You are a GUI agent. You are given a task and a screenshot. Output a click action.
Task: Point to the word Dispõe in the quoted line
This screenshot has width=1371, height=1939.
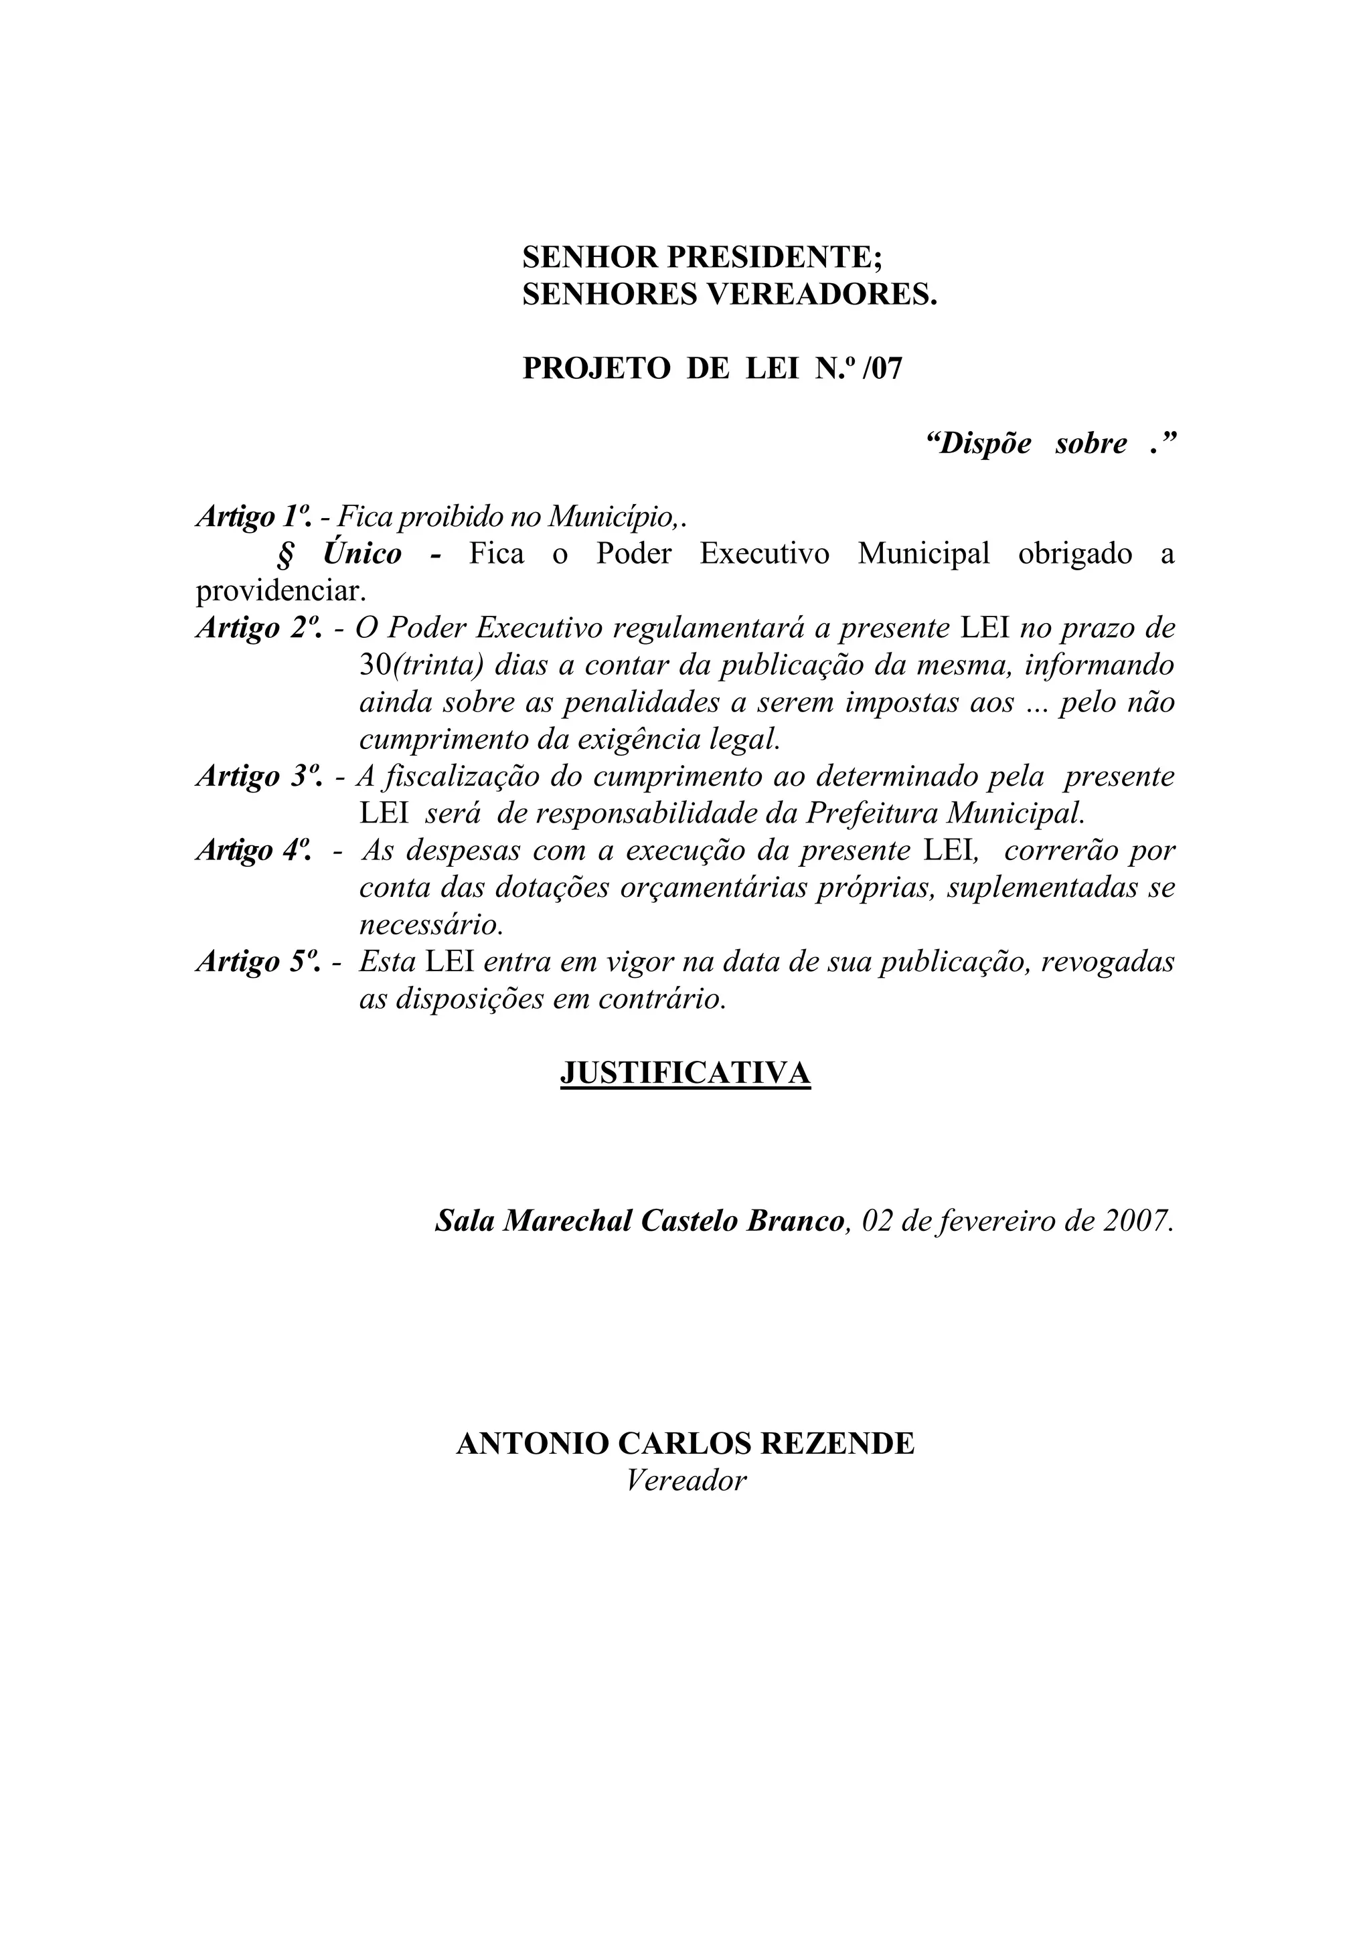click(x=980, y=443)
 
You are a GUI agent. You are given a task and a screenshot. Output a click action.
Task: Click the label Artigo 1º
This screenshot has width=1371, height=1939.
click(x=252, y=516)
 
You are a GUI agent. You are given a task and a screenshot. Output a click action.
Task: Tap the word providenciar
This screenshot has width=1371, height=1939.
click(x=281, y=591)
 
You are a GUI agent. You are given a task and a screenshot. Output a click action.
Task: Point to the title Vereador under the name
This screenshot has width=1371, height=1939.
click(x=686, y=1481)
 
